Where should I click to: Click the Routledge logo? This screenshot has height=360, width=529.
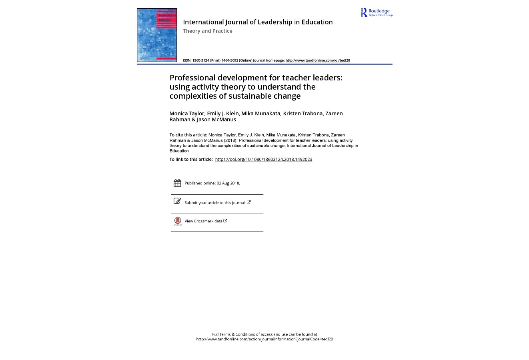coord(377,12)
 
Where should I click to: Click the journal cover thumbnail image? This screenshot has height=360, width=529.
coord(157,35)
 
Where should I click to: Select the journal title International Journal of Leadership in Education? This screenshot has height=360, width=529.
coord(258,22)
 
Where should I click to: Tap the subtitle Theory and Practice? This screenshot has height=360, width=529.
coord(207,31)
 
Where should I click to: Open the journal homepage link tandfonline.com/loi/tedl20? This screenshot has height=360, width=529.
coord(317,60)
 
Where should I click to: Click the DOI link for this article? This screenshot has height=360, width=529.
coord(263,159)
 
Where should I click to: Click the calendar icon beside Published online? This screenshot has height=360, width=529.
coord(177,183)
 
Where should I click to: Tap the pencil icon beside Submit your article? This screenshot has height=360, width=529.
coord(177,201)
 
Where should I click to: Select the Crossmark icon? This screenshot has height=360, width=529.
coord(177,221)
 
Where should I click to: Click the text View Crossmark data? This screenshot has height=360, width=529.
coord(203,221)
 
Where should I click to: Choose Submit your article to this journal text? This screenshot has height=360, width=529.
coord(214,203)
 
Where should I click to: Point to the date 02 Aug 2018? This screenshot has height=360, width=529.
coord(228,183)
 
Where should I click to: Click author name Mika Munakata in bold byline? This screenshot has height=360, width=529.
coord(260,113)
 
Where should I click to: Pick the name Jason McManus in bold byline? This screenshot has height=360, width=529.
coord(216,119)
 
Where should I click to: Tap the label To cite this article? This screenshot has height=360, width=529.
coord(188,135)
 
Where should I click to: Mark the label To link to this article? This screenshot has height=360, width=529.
coord(191,159)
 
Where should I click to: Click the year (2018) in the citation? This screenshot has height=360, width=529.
coord(230,140)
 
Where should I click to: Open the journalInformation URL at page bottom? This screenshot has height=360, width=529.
coord(264,339)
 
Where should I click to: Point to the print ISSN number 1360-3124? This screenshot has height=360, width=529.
coord(200,60)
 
